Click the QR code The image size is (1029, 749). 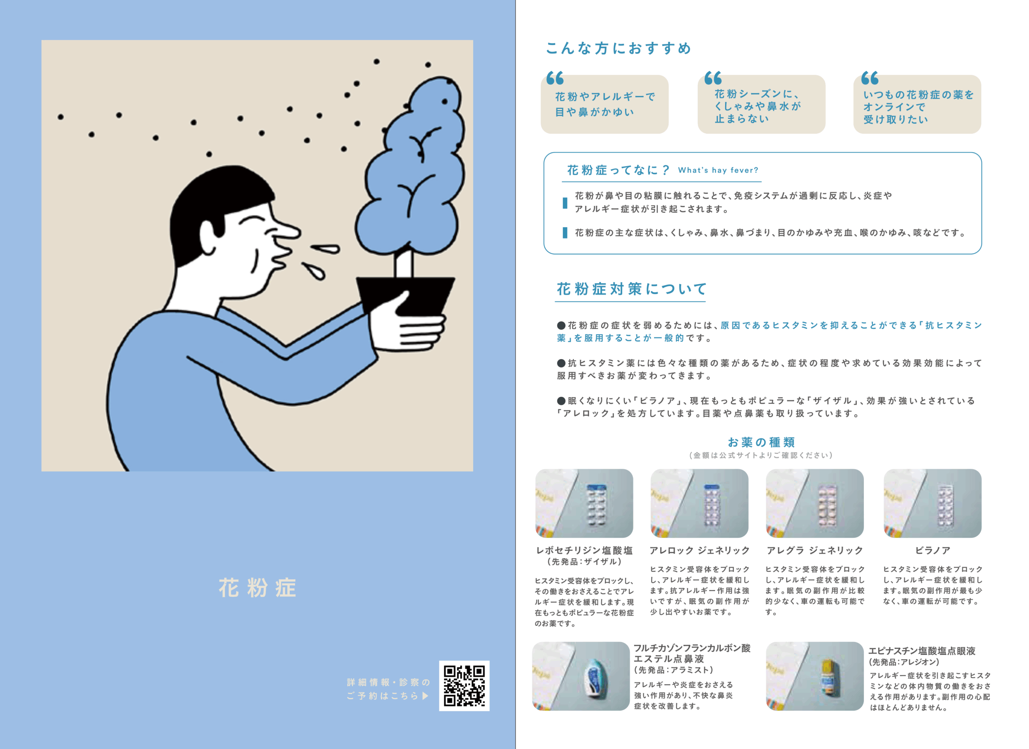(x=464, y=685)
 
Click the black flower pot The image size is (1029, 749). (x=405, y=297)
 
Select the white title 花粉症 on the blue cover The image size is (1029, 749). (x=257, y=588)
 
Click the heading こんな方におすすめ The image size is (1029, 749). (x=618, y=48)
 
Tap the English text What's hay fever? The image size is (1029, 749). (x=718, y=170)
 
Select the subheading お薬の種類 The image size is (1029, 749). (x=761, y=442)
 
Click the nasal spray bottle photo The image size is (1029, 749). (x=581, y=676)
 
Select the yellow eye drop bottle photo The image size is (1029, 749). (x=814, y=676)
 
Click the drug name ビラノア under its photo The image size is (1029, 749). (x=933, y=550)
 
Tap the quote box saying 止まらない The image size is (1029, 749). (x=761, y=105)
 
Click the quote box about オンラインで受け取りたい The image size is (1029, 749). (x=917, y=105)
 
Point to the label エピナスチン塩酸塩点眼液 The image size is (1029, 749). (x=921, y=651)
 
